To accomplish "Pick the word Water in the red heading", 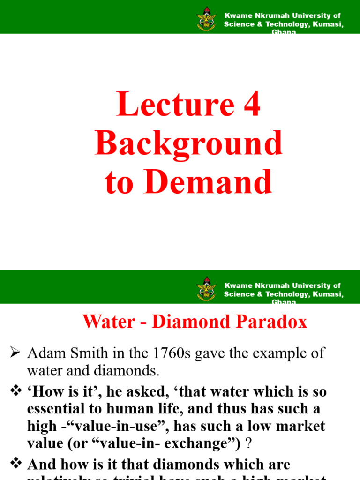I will tap(102, 322).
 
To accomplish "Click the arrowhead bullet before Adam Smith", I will tap(15, 352).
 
